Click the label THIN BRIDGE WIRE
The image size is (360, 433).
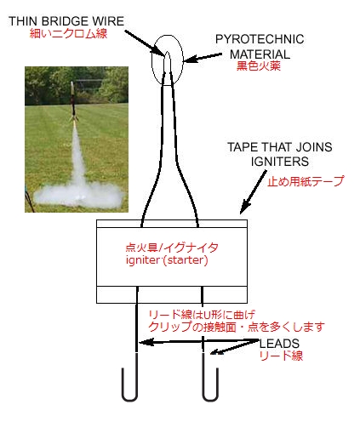[x=66, y=21]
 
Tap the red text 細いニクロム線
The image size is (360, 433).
[x=68, y=34]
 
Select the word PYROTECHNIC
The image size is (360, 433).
[x=260, y=39]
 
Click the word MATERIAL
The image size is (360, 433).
[x=260, y=54]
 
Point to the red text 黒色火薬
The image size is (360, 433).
[x=259, y=66]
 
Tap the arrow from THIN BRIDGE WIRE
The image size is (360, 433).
[x=145, y=43]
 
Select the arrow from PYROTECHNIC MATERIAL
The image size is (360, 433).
[x=203, y=58]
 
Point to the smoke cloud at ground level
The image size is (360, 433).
[x=78, y=195]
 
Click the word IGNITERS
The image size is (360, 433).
[x=280, y=162]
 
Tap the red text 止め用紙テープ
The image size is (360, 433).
[x=306, y=181]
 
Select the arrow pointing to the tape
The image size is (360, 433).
[x=254, y=192]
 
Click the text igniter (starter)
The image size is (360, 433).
[x=167, y=260]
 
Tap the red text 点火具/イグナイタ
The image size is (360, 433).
[x=172, y=248]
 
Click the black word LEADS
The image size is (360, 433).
[x=279, y=344]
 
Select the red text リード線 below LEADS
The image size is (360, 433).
[x=281, y=356]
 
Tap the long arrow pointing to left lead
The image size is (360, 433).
[x=198, y=341]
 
